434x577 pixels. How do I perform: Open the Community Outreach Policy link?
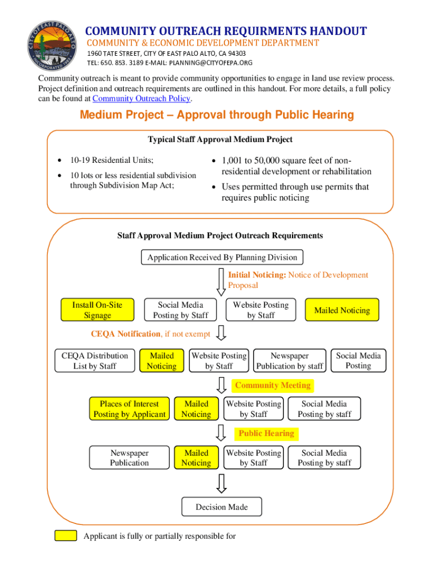[x=141, y=99]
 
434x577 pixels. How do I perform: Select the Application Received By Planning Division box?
[x=222, y=258]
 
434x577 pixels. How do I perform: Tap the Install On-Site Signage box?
[x=97, y=310]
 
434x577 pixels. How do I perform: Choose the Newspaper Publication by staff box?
[x=290, y=361]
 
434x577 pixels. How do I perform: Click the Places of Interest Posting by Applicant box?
[x=129, y=409]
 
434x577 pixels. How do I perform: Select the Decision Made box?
[x=222, y=507]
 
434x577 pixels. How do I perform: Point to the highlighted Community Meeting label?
[x=272, y=386]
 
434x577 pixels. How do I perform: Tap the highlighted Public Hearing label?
[x=266, y=434]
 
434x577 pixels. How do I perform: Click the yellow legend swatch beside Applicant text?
[x=65, y=536]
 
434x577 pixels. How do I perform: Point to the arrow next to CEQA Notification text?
[x=222, y=334]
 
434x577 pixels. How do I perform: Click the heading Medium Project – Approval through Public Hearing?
[x=217, y=116]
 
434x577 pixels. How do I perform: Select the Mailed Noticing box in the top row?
[x=342, y=310]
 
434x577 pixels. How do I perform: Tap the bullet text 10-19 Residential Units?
[x=112, y=161]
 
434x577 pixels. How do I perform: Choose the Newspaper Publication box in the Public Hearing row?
[x=129, y=458]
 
